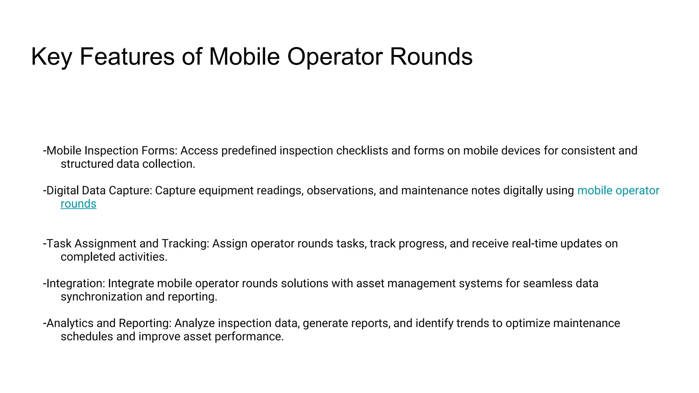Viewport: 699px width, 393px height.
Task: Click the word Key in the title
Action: tap(51, 57)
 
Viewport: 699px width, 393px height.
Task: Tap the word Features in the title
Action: tap(127, 56)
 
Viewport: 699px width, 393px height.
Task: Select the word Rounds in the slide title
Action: tap(431, 56)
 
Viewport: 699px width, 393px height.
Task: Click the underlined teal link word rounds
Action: tap(79, 204)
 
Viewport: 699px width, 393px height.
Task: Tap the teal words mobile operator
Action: tap(618, 190)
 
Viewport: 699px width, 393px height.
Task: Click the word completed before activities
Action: tap(83, 257)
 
